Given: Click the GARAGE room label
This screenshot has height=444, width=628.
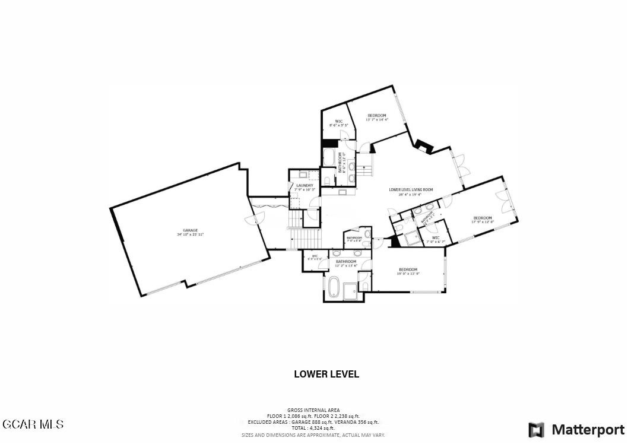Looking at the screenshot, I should tap(190, 230).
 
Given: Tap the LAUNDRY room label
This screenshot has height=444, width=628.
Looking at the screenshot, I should tap(305, 185).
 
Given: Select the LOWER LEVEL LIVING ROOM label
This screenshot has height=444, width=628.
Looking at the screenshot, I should tap(411, 190).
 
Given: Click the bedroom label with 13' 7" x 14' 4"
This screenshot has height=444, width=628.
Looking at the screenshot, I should tap(377, 115).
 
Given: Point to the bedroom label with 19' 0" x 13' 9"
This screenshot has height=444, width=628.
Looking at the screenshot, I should tap(408, 269).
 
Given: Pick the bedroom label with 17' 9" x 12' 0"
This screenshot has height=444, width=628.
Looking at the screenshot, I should tap(482, 218).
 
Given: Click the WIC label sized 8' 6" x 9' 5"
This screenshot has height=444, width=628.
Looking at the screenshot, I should tap(338, 122).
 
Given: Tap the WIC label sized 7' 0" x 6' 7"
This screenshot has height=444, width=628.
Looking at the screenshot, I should tap(436, 238).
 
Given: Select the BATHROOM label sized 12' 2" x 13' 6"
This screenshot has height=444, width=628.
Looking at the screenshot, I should tap(346, 262).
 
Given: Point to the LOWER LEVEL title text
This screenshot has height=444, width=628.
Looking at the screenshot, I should tap(326, 375).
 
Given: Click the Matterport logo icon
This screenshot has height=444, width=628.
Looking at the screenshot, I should tap(536, 430).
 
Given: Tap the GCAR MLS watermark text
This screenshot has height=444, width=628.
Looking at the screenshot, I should tap(33, 424).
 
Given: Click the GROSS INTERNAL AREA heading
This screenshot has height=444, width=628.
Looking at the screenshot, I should tap(313, 410).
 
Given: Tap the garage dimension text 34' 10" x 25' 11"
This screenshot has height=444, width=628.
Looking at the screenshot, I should tap(190, 234).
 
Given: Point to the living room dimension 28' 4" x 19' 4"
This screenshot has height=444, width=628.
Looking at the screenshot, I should tap(410, 194).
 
